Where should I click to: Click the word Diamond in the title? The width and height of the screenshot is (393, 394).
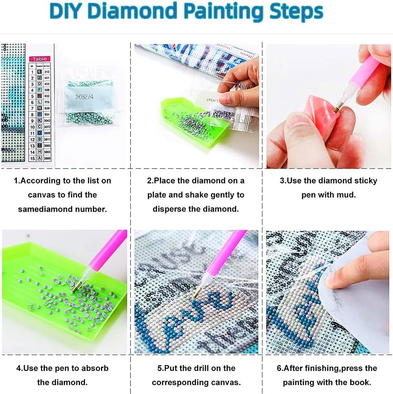pos(126,12)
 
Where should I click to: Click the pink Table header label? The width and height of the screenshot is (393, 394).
pos(40,59)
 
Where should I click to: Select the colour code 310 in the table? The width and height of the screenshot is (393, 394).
pos(47,71)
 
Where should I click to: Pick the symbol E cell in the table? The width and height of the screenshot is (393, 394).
pos(40,71)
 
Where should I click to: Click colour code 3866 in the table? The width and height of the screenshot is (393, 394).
pos(47,158)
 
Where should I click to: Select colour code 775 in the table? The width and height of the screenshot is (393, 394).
pos(47,102)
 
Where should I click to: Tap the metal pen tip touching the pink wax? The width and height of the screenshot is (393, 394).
pos(336,107)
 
